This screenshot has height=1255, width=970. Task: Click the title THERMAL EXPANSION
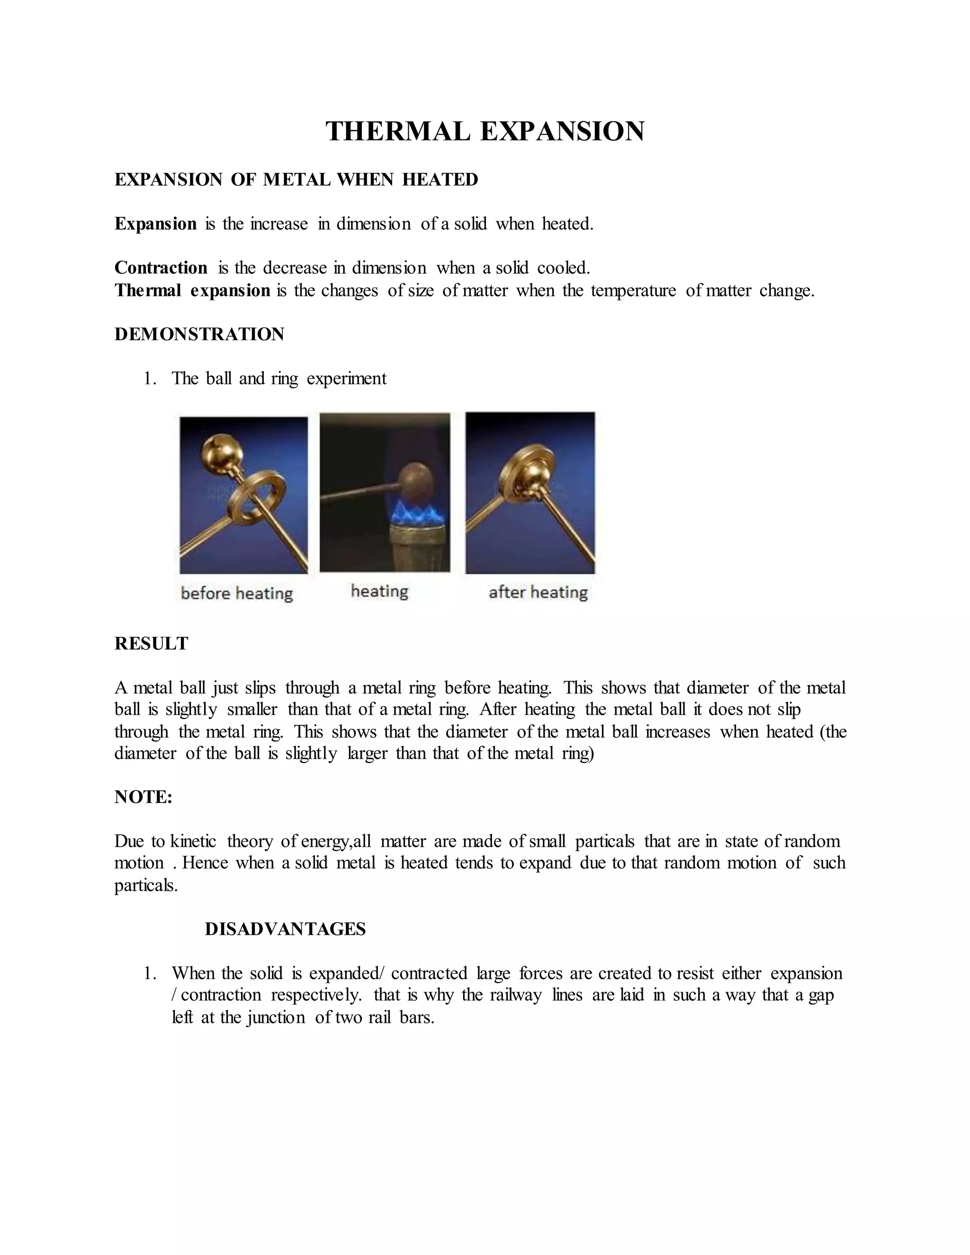click(485, 132)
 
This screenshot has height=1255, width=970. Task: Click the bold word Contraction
click(161, 268)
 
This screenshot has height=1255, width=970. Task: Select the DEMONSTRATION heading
click(199, 334)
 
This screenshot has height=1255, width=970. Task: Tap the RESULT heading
click(151, 644)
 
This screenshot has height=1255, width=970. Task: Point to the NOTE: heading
click(143, 797)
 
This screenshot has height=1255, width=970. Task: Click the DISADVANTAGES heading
click(285, 929)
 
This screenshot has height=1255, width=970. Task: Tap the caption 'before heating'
click(237, 593)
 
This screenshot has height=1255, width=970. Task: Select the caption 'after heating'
click(538, 592)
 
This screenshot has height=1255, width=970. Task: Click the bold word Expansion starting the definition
click(155, 224)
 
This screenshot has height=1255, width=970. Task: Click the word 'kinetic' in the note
click(193, 841)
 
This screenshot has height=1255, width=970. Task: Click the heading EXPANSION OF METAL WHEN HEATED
click(296, 180)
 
